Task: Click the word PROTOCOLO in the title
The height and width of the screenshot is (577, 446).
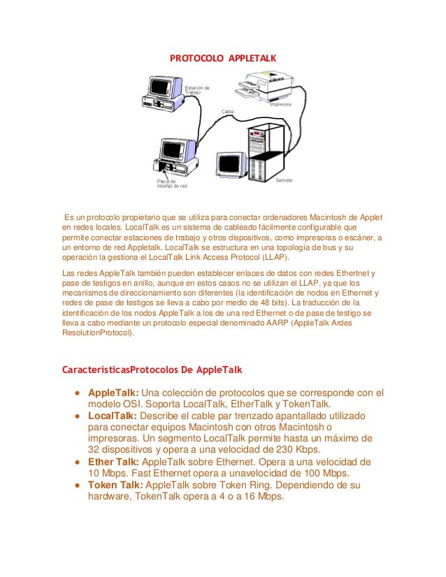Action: click(x=193, y=58)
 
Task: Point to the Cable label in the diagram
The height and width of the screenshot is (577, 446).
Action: click(x=228, y=111)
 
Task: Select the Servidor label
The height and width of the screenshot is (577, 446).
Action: click(x=284, y=180)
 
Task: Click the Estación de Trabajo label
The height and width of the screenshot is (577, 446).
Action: click(x=196, y=90)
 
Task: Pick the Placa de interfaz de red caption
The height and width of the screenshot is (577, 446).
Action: click(x=172, y=184)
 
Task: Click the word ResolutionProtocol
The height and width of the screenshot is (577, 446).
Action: click(x=97, y=333)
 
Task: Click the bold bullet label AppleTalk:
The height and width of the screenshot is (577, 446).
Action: click(x=113, y=392)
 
